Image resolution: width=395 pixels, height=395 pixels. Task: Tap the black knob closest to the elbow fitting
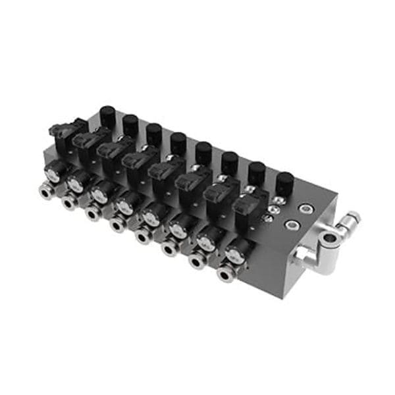[284, 182]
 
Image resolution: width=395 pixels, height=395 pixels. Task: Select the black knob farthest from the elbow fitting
[107, 116]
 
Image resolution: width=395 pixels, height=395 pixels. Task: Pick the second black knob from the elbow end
[257, 172]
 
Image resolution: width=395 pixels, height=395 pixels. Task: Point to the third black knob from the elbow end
[230, 162]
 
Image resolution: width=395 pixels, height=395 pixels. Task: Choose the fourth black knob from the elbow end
[203, 153]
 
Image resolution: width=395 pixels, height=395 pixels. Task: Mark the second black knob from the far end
[131, 125]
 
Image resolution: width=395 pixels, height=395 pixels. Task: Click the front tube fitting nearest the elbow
[224, 274]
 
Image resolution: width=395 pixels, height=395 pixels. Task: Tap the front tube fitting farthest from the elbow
[45, 192]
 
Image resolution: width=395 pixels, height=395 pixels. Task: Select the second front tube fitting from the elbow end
[197, 261]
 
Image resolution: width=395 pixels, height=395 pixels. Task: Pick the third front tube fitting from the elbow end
[170, 248]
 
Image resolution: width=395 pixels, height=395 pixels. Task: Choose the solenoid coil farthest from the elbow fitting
[67, 130]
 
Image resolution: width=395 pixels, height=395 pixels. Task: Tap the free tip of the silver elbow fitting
[352, 218]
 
